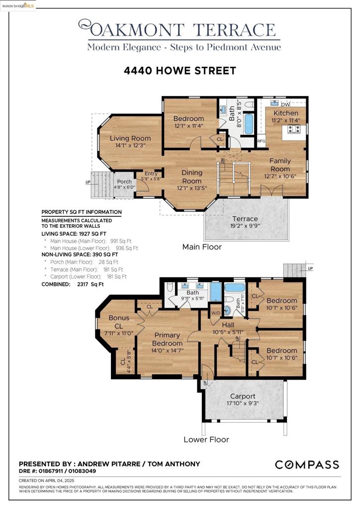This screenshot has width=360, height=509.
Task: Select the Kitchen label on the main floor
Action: point(285,113)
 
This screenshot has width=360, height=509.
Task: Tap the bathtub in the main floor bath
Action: point(248,124)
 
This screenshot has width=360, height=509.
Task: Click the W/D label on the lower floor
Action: point(216,313)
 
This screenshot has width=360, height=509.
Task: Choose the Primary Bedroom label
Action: point(167,339)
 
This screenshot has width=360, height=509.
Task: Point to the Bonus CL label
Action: point(119,322)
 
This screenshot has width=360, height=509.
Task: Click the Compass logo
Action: point(307,465)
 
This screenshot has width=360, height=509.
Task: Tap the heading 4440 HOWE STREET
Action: point(180,71)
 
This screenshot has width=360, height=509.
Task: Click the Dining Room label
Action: point(192,176)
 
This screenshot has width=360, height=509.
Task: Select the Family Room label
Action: point(280,165)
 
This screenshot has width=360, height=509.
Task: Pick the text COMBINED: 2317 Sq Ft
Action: point(73,284)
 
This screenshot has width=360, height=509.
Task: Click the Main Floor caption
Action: point(202,247)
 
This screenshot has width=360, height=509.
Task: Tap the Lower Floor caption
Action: point(206,439)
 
